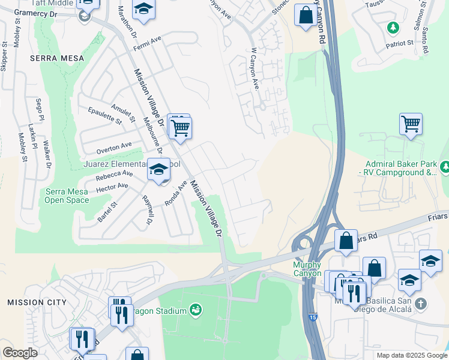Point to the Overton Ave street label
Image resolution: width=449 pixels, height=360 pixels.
(113, 146)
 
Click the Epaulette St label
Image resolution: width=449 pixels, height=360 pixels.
(104, 115)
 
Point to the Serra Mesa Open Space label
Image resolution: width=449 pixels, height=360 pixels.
(67, 196)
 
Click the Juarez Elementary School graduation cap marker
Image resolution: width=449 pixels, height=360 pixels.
(158, 170)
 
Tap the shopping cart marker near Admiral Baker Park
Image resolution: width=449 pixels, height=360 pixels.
(411, 124)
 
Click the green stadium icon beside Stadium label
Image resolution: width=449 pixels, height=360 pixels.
(195, 310)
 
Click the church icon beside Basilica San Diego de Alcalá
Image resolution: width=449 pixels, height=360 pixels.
(420, 304)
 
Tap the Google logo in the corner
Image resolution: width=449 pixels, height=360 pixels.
(20, 353)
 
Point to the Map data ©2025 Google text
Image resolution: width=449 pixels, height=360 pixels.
(411, 355)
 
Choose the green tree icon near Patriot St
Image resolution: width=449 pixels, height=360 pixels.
(393, 27)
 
